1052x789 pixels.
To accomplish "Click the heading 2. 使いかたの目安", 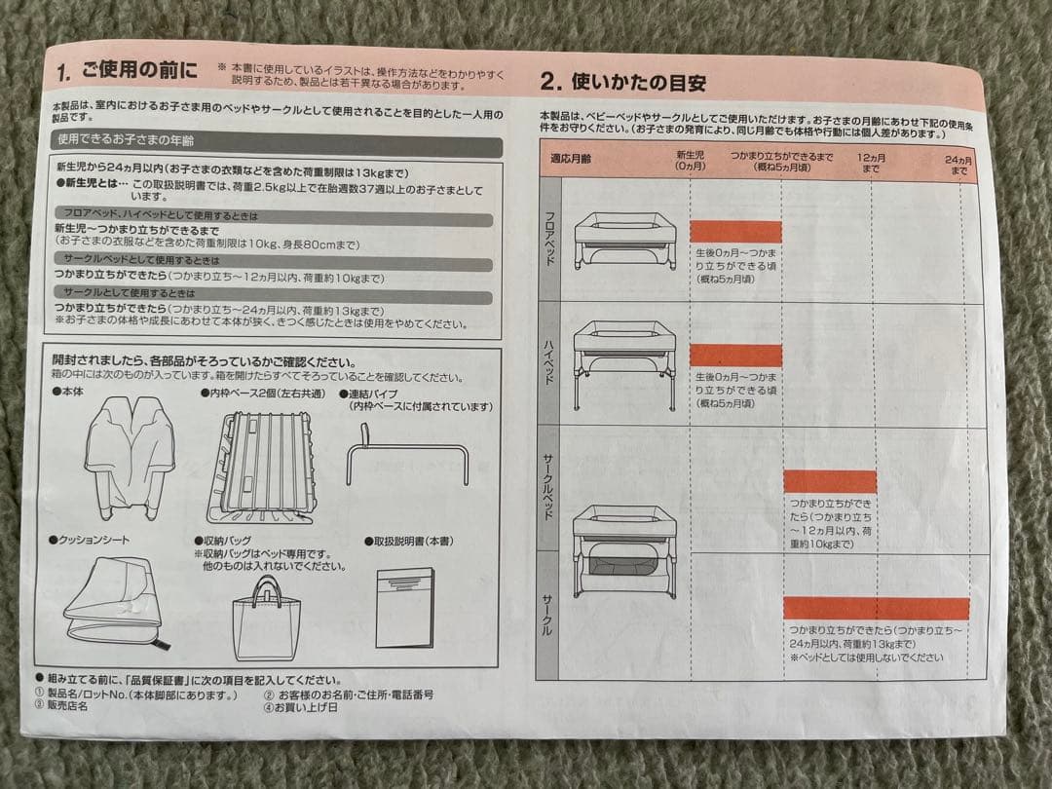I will [623, 83].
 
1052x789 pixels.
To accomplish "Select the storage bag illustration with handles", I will [265, 618].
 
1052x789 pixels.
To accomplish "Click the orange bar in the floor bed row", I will [735, 232].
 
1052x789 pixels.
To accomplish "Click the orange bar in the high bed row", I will [735, 356].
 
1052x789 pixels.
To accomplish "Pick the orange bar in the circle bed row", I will [830, 482].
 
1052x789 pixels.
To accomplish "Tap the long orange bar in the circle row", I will [876, 609].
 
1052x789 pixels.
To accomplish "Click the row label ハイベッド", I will [547, 363].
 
